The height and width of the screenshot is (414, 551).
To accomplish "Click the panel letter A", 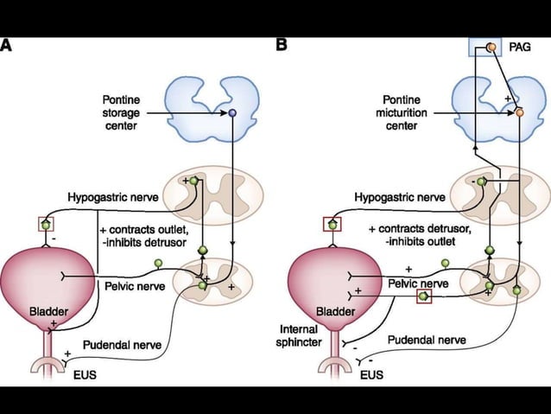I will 6,43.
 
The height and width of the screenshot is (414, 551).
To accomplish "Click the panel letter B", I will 282,43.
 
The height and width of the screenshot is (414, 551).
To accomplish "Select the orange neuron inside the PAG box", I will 490,48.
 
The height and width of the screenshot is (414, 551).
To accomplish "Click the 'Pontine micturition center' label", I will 396,113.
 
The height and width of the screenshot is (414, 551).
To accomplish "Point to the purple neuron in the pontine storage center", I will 231,113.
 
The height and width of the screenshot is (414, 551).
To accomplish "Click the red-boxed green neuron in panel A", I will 46,225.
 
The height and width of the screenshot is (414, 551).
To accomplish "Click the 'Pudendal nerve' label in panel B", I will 424,340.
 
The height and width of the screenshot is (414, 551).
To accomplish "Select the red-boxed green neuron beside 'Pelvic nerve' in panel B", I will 423,296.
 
